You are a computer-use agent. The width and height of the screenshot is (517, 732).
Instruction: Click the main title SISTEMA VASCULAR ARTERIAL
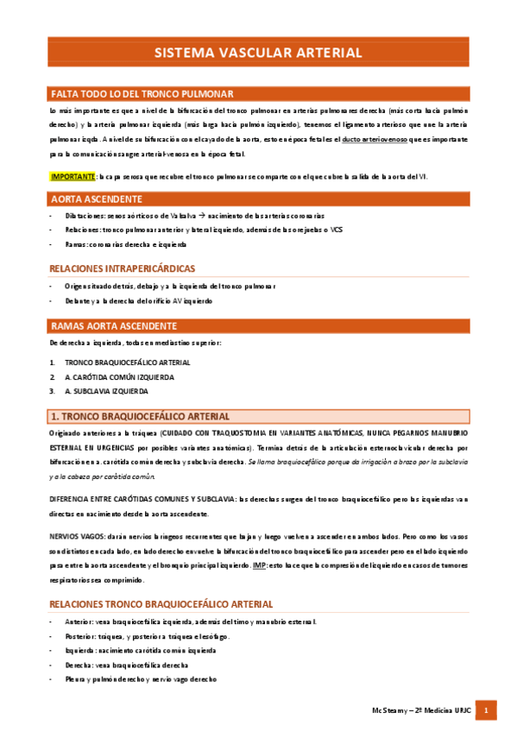(x=258, y=53)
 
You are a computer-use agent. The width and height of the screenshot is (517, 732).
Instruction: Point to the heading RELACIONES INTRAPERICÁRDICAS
(x=123, y=268)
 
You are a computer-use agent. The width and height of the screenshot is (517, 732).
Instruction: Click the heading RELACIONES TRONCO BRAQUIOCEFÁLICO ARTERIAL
(x=161, y=604)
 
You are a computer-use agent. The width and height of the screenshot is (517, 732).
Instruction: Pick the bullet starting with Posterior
(x=147, y=636)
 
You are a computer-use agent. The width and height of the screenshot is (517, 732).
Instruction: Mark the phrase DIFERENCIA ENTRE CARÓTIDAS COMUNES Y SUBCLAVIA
(x=142, y=499)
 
